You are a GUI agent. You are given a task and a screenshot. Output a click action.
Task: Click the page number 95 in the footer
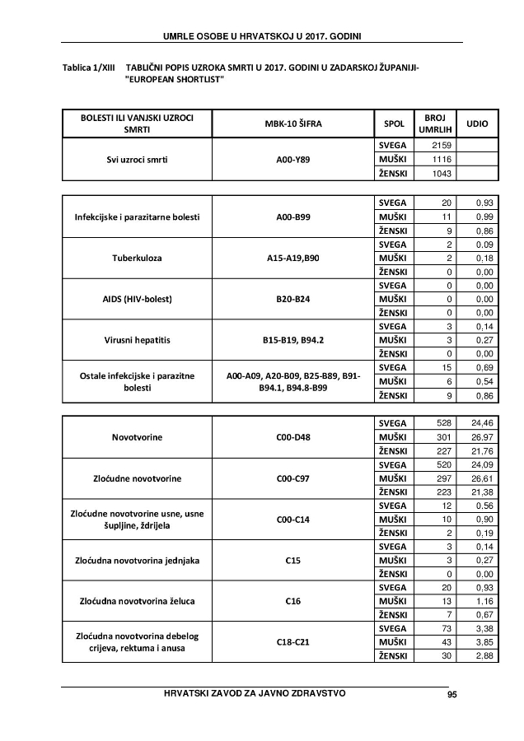[x=451, y=694]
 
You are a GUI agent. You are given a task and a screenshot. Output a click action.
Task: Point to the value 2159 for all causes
[x=432, y=145]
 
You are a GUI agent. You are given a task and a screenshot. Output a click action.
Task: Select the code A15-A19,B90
[x=292, y=259]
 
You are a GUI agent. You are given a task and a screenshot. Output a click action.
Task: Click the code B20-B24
[x=292, y=299]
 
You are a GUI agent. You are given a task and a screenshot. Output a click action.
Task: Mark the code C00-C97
[x=292, y=478]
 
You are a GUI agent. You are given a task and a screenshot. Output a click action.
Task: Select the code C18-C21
[x=292, y=641]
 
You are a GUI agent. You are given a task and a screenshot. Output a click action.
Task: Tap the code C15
[x=292, y=562]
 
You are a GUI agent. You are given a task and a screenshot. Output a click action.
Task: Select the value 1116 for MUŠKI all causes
[x=432, y=159]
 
